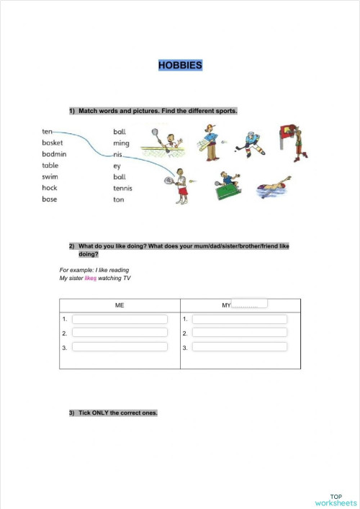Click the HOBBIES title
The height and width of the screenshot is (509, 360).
pos(180,66)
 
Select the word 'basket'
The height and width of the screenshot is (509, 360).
pos(53,143)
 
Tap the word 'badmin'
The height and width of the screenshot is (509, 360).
pos(54,154)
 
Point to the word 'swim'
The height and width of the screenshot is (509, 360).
pos(50,176)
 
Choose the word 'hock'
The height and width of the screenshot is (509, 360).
pos(50,188)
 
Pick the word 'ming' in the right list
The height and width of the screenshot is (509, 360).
pos(121,143)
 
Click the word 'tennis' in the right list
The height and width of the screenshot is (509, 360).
pos(122,188)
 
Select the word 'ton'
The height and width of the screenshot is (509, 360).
pos(119,199)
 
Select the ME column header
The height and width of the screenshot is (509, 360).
pos(120,305)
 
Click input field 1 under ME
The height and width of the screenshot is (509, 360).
pos(120,319)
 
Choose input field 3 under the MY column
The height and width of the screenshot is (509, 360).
pos(240,347)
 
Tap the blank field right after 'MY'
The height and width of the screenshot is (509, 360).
pos(249,304)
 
